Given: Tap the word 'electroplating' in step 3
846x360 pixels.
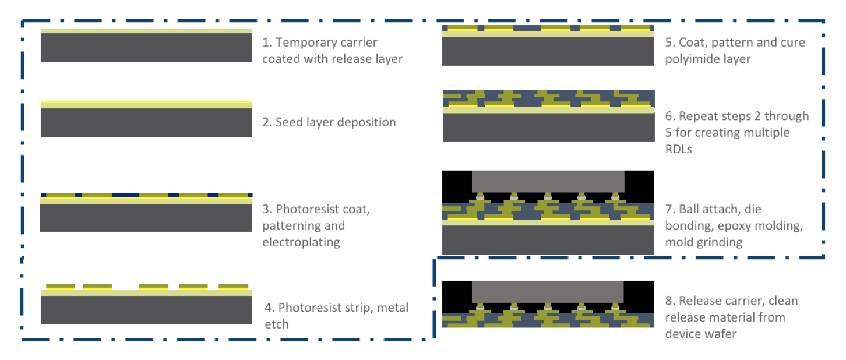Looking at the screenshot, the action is (x=301, y=242).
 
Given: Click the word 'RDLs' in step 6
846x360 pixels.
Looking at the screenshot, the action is (x=678, y=149).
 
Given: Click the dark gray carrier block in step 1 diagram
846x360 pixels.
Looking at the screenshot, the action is (x=146, y=48).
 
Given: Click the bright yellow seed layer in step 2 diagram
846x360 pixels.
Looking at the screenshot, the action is (x=146, y=102).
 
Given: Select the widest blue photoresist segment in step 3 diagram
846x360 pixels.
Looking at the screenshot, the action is (x=126, y=195).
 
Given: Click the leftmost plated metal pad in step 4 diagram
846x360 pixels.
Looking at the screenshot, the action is (x=61, y=287).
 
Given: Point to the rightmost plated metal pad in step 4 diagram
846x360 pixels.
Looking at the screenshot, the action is (x=234, y=287).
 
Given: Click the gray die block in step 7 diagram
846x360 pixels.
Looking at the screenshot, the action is (x=548, y=181).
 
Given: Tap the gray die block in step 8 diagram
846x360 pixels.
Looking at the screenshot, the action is (x=548, y=292).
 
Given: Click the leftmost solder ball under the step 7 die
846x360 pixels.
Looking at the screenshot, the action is (x=480, y=197).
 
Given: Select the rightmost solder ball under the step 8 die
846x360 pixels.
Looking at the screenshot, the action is (x=615, y=308).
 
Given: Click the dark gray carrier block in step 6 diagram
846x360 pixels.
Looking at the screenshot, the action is (x=548, y=128).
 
